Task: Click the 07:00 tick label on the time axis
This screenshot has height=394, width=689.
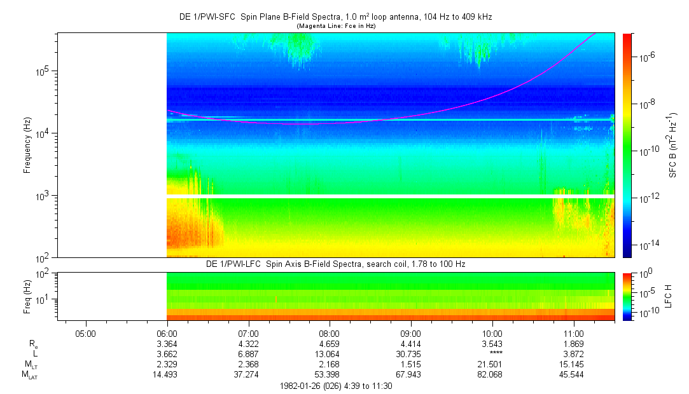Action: click(248, 333)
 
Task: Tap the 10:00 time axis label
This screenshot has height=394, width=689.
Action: click(492, 333)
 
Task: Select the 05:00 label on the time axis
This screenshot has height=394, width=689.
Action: click(85, 333)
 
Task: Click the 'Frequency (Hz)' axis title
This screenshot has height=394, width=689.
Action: click(27, 145)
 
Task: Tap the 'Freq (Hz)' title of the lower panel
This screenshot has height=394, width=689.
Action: click(27, 297)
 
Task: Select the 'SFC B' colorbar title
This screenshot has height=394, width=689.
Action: click(672, 145)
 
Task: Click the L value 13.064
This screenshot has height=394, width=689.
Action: click(330, 355)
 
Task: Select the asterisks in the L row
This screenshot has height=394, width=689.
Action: click(492, 355)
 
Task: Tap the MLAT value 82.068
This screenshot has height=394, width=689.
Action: click(492, 375)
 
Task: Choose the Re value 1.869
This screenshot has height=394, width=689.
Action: click(574, 344)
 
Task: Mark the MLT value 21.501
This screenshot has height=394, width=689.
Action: click(492, 365)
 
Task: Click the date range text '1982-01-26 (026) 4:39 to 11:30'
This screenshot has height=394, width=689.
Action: click(336, 386)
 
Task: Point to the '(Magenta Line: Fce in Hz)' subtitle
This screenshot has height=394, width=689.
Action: click(335, 25)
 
